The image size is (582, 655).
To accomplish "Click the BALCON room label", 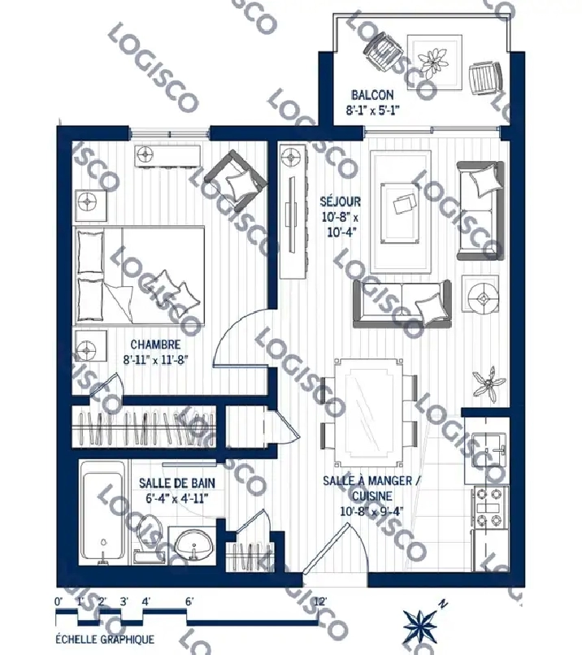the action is coord(372,95).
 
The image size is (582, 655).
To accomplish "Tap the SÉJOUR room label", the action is coord(340,202).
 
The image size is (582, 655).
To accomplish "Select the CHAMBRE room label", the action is coord(155,345).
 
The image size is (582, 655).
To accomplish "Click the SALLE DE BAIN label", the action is coord(177,483).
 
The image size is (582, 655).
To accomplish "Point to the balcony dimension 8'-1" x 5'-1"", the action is coord(372,111).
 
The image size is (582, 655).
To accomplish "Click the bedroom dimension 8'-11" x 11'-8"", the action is coord(156,360).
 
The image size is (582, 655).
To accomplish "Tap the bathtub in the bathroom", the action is coord(102,513).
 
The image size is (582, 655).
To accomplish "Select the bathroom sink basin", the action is coord(193,544).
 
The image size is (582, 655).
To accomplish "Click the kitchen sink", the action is coord(489,450).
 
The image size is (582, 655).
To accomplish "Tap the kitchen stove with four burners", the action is coord(490,508).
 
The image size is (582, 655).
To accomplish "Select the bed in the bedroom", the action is coord(139,275).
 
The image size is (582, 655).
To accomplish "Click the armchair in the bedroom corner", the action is coord(235,180).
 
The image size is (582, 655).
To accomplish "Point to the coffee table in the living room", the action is coord(401,213).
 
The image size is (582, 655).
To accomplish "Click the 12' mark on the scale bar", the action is coord(319,602).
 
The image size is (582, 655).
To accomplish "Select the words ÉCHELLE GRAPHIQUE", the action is coord(105,639).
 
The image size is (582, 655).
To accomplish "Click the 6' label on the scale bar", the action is coord(189,602).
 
